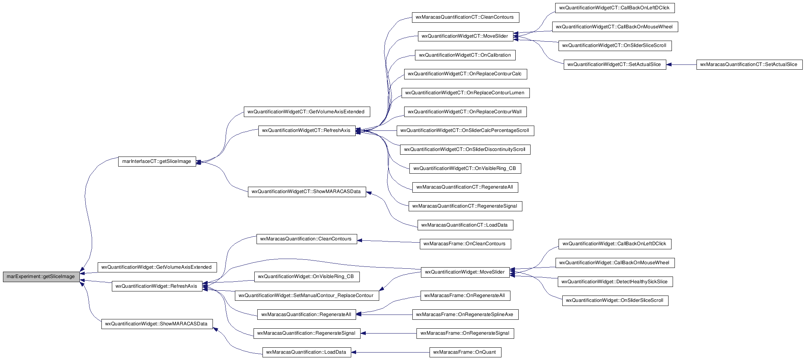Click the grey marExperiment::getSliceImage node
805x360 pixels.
pos(41,277)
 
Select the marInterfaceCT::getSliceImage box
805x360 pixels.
pos(157,161)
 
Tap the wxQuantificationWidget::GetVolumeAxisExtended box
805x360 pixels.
pos(157,267)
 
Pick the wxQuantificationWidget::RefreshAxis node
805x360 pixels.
pos(157,286)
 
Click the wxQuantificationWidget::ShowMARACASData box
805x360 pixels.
pos(157,324)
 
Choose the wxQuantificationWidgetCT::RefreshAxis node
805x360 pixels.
pos(307,130)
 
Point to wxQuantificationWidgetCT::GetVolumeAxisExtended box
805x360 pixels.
pos(307,112)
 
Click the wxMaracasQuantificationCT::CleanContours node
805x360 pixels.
pos(465,17)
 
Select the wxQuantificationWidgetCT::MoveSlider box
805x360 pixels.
pos(465,36)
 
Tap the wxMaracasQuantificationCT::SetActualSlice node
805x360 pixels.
pos(749,64)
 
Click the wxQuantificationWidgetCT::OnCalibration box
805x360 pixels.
pos(465,55)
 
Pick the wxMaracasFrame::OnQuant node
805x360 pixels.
pos(465,352)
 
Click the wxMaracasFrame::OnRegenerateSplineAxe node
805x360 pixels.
pos(465,315)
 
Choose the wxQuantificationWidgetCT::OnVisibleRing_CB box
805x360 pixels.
pos(465,168)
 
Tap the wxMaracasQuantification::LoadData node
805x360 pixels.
pos(307,352)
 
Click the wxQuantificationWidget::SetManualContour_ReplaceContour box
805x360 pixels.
pos(307,296)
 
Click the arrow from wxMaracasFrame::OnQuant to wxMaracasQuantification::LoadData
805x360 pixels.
pos(390,352)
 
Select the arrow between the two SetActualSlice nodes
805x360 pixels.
pos(681,64)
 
